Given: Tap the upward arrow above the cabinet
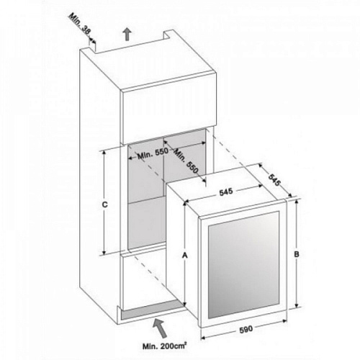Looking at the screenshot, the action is click(127, 34).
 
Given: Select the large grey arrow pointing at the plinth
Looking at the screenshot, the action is click(160, 328).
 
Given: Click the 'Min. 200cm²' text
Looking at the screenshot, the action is click(165, 346).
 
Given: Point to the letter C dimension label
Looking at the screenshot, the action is click(105, 204).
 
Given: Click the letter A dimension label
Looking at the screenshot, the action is click(184, 256).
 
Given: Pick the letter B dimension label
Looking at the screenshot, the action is click(297, 254).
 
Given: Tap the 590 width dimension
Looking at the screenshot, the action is click(246, 329).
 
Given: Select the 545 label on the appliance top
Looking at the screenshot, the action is click(226, 192).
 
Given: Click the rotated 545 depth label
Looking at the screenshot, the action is click(274, 179).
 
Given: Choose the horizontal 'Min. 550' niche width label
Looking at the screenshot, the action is click(152, 154).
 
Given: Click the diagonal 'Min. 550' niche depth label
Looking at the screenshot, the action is click(186, 161).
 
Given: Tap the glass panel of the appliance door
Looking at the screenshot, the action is click(243, 265).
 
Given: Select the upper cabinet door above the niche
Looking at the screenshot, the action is click(169, 106).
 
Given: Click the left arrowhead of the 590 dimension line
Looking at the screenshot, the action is click(203, 338).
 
